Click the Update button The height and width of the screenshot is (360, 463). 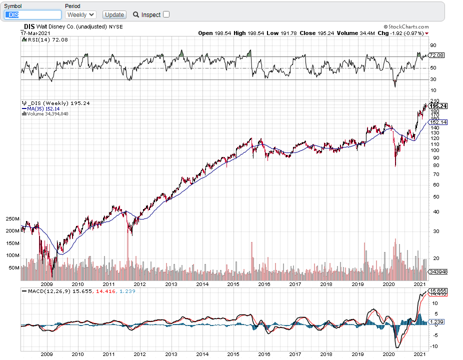click(114, 15)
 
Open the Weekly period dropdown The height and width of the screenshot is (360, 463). click(80, 15)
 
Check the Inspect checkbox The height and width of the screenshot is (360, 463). click(166, 14)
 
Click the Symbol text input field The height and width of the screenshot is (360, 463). click(33, 15)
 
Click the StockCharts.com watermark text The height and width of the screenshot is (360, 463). click(406, 27)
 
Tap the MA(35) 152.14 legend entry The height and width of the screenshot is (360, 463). click(41, 108)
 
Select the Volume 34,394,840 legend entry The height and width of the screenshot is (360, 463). click(45, 113)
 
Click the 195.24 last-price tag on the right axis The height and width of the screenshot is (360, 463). click(438, 106)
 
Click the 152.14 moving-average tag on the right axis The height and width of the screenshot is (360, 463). click(438, 122)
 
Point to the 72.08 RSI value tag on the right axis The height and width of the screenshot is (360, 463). click(436, 55)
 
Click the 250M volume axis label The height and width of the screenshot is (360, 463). click(12, 219)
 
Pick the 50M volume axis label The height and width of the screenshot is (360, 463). click(14, 268)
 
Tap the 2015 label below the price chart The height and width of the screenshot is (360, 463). click(233, 284)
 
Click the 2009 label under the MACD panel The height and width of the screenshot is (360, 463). click(46, 354)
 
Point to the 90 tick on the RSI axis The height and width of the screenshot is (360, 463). click(433, 45)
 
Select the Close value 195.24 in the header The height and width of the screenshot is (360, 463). click(325, 33)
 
